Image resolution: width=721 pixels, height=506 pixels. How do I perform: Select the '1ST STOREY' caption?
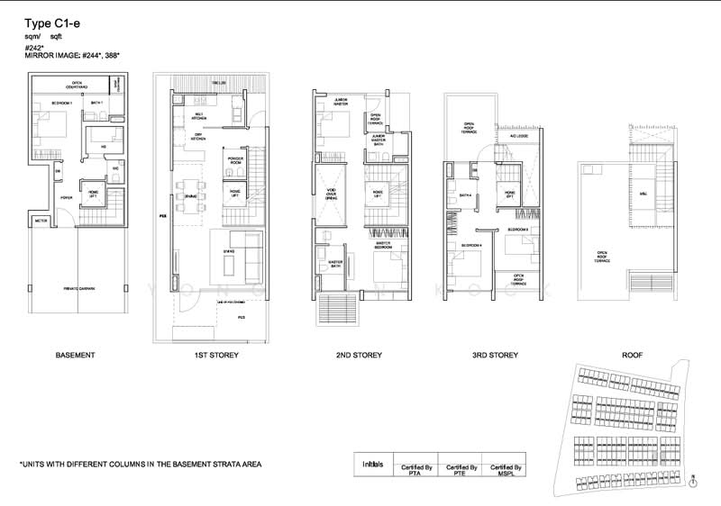pos(216,356)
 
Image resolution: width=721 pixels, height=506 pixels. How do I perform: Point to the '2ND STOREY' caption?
pos(359,356)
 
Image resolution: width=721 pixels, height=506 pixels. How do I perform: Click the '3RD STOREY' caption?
pos(496,356)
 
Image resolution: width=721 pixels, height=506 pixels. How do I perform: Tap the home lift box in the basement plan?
pos(94,193)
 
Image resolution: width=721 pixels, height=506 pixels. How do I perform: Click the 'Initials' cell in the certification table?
pos(372,465)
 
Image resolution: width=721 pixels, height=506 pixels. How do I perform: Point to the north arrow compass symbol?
pos(691,482)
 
